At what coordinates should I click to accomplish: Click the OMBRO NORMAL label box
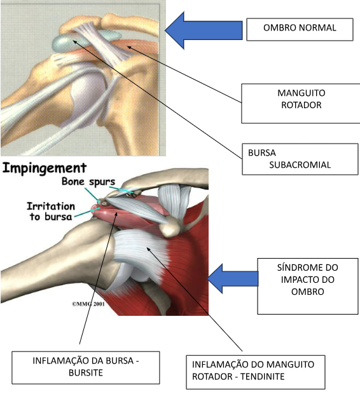coord(300,29)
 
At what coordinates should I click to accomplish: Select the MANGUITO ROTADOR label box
coord(301,104)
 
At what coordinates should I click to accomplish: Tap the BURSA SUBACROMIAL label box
coord(300,159)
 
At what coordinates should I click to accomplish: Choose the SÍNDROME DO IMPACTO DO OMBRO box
coord(308,286)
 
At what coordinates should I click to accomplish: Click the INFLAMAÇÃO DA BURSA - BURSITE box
coord(86,367)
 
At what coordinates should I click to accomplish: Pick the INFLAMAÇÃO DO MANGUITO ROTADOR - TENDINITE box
coord(256,372)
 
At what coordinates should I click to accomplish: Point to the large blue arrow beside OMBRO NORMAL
coord(204,30)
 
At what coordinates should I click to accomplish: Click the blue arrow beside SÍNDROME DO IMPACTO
coord(233,278)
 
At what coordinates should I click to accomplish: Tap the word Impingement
coord(45,168)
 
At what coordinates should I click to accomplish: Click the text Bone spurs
coord(88,181)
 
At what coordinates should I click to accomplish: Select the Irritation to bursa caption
coord(51,212)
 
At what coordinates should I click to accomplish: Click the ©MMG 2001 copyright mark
coord(88,304)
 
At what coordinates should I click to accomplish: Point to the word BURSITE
coord(86,372)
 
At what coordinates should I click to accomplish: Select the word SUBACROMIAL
coord(300,165)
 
